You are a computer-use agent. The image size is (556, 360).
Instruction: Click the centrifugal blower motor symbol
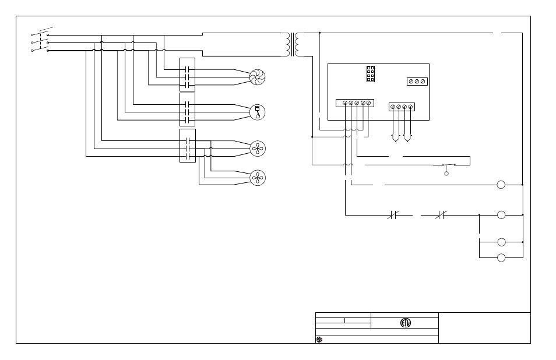coord(257,77)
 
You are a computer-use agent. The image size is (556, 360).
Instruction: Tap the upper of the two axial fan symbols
coord(257,148)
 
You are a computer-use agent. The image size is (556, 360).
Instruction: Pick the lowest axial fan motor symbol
coord(257,178)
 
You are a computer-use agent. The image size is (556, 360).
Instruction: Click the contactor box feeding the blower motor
coord(188,73)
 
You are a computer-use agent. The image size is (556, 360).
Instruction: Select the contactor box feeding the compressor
coord(188,109)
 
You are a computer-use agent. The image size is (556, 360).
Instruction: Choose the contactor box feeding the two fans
coord(188,146)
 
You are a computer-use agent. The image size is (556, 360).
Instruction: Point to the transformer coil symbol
coord(293,44)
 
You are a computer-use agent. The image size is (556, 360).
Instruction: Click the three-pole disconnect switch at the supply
coord(40,41)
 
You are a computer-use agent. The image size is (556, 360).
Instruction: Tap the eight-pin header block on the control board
coord(370,73)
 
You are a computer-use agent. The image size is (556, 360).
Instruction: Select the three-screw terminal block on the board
coord(417,82)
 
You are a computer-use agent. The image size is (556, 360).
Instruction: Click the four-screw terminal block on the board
coord(402,107)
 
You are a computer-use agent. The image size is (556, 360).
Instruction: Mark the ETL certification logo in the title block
coord(405,323)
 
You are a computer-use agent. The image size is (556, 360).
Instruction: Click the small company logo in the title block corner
coord(319,339)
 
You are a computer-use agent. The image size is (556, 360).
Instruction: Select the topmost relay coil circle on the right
coord(501,185)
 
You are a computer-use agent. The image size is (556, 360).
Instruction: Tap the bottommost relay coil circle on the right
coord(501,257)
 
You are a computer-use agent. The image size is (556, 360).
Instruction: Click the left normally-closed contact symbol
coord(392,216)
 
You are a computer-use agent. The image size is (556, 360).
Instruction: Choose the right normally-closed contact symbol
coord(441,216)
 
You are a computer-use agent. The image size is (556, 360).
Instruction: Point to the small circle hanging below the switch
coord(447,173)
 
